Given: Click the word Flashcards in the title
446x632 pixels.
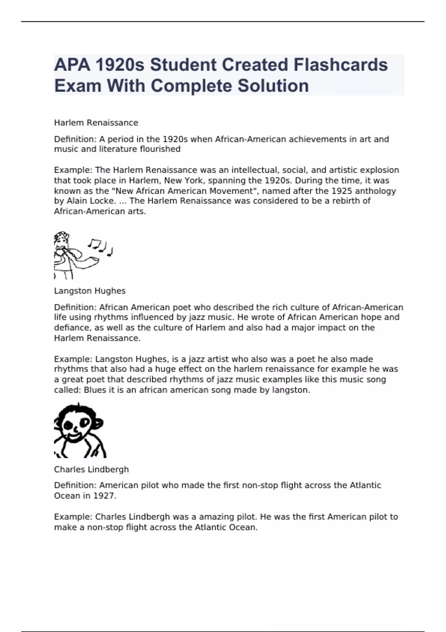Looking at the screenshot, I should click(340, 65).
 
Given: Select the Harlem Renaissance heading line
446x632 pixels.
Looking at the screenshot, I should click(96, 123).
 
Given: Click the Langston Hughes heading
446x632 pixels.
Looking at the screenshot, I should click(90, 291).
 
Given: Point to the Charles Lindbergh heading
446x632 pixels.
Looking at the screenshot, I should click(91, 470).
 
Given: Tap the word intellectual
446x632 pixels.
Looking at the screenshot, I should click(255, 170).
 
